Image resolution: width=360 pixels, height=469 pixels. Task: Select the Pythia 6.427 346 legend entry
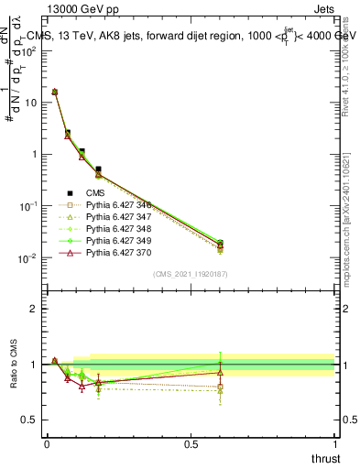[116, 205]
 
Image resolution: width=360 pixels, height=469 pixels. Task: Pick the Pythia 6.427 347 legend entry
[116, 217]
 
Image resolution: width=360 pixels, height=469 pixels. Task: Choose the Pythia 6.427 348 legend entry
[116, 228]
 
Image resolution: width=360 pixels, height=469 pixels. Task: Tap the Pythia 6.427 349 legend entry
[116, 240]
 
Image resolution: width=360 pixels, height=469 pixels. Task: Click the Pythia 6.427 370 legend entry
[116, 252]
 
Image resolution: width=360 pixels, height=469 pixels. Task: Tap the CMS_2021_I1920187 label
[190, 274]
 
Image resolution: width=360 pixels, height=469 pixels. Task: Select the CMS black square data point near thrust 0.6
[220, 244]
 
